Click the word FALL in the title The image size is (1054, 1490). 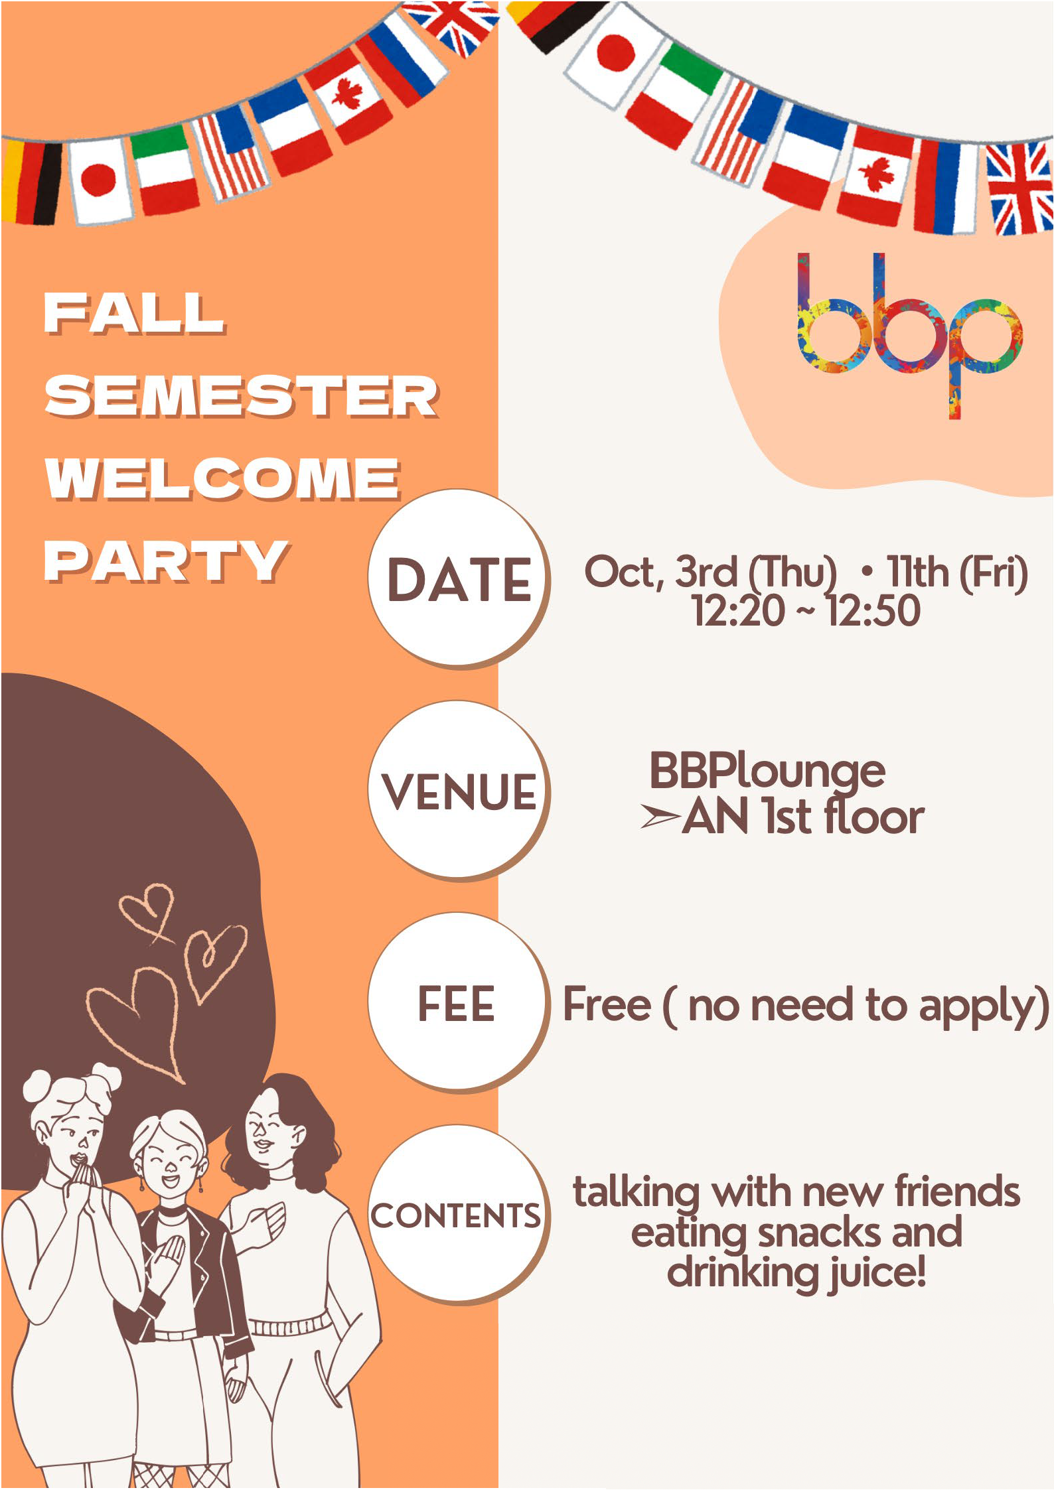tap(134, 313)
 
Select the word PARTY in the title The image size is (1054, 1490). tap(167, 561)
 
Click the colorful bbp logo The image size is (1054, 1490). tap(909, 335)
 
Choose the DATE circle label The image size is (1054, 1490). tap(459, 579)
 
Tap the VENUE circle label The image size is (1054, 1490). tap(459, 791)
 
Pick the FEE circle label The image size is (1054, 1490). tap(457, 1003)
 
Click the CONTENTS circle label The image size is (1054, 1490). tap(456, 1216)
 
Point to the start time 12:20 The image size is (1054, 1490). tap(738, 611)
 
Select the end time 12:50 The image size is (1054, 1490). tap(873, 611)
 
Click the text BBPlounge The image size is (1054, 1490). tap(767, 772)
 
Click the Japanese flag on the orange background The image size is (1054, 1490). tap(101, 180)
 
